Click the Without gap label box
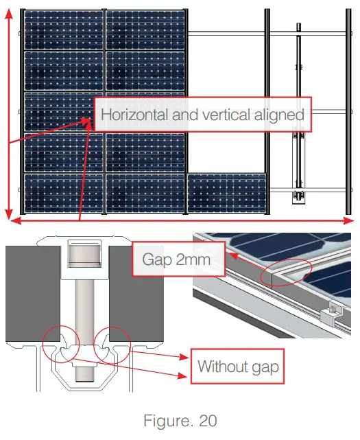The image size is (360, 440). point(238,366)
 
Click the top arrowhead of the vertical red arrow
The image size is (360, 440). point(9,16)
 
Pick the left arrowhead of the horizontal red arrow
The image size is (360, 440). point(15,220)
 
